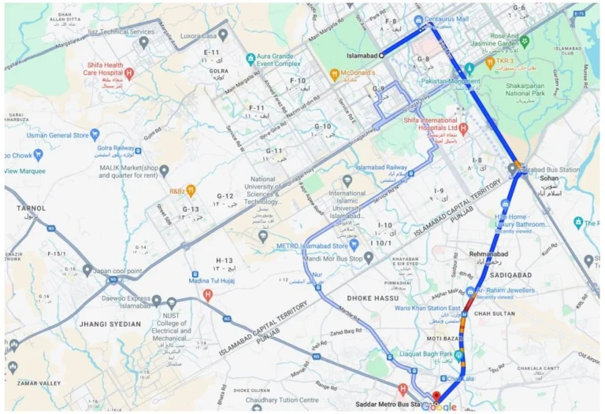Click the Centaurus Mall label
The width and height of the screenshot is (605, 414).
coord(451,19)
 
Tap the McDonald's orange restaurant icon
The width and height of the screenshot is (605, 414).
coord(334,76)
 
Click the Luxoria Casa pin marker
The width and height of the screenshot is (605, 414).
coord(223,35)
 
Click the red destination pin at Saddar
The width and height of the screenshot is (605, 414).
coord(436,395)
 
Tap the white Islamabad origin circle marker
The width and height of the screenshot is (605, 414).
coord(382,56)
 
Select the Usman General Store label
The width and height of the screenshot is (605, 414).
coord(57,135)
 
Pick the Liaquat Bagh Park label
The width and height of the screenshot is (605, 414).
coord(429,355)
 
